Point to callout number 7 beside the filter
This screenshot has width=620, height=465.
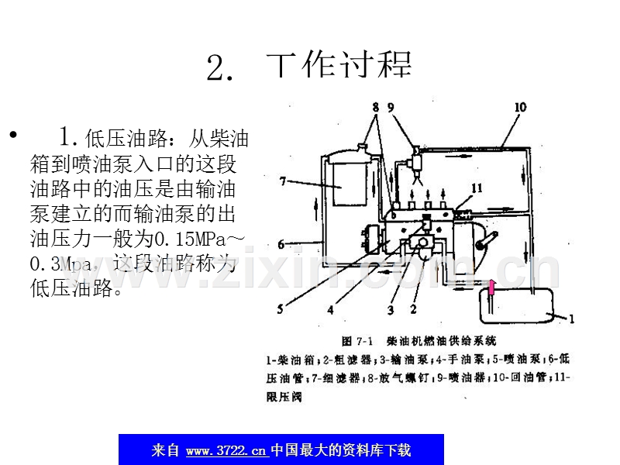pos(284,181)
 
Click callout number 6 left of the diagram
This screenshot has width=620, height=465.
pos(282,244)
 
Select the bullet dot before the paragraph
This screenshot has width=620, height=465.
pos(12,136)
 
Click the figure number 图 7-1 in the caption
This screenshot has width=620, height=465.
pos(357,340)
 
